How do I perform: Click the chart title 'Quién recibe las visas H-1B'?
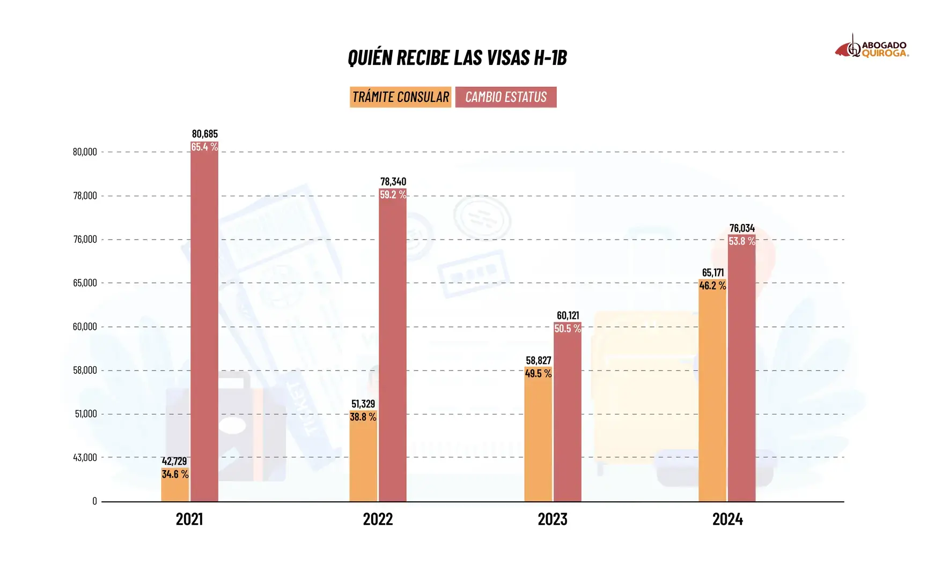[x=457, y=58]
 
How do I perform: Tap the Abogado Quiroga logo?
[x=871, y=48]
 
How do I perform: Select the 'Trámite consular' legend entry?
[x=400, y=97]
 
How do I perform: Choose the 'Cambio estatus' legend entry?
[x=506, y=97]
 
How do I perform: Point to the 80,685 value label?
[x=205, y=133]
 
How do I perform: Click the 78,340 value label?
[x=393, y=182]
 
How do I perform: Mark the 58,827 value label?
[x=539, y=360]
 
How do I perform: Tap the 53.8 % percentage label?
[x=742, y=241]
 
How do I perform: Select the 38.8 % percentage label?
[x=363, y=417]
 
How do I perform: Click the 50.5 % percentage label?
[x=568, y=329]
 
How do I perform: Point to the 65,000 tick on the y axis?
[x=85, y=283]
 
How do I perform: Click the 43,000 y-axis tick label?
[x=85, y=457]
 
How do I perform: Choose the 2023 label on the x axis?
[x=553, y=519]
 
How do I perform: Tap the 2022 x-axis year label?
[x=378, y=519]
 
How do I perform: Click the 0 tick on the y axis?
[x=94, y=501]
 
